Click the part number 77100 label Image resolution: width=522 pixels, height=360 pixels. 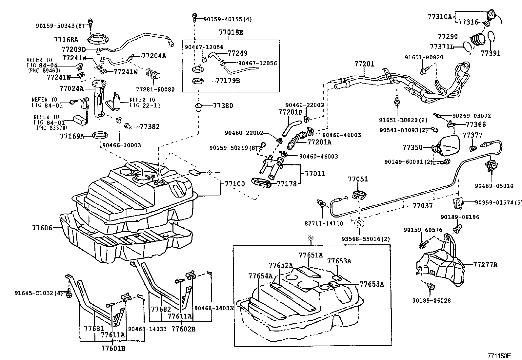(x=234, y=184)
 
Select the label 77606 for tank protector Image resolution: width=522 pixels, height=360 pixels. (x=42, y=227)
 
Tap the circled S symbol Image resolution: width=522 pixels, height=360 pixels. (x=359, y=224)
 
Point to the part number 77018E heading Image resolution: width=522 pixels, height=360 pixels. (x=231, y=32)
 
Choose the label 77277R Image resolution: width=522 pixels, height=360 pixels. (x=485, y=265)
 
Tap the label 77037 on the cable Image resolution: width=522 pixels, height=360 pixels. (x=422, y=206)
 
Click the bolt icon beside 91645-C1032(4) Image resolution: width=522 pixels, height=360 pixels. (x=69, y=294)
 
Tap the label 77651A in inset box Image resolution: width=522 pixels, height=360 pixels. (x=311, y=255)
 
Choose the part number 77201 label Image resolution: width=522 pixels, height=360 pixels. (x=364, y=64)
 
